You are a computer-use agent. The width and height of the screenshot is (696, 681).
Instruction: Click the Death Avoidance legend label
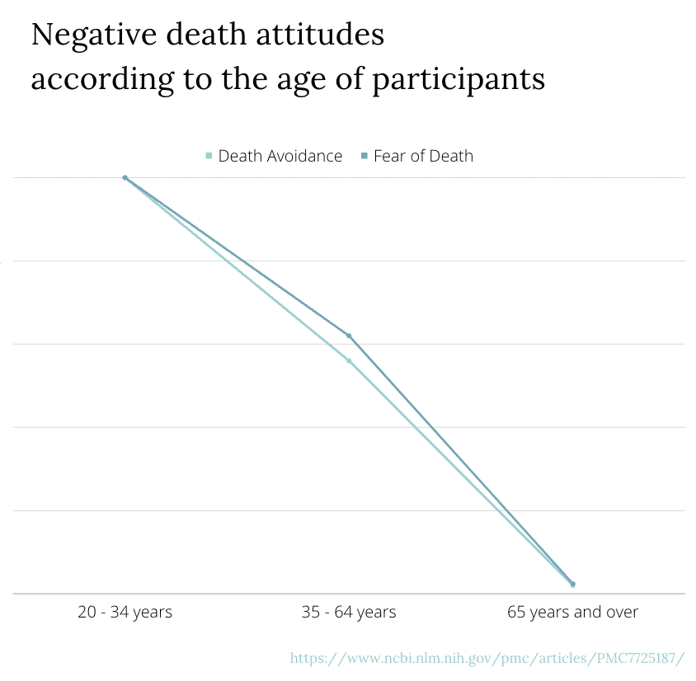point(280,156)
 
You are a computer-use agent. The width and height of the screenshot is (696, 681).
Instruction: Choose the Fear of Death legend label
point(423,156)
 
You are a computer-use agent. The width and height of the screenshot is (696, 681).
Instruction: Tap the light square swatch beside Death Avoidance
point(209,156)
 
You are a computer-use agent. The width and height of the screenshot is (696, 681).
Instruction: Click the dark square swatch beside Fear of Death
point(364,156)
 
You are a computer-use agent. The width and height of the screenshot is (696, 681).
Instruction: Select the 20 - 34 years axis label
point(125,612)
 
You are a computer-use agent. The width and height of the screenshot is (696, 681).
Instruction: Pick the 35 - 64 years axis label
point(349,612)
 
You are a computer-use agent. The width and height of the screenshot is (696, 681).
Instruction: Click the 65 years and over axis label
point(572,612)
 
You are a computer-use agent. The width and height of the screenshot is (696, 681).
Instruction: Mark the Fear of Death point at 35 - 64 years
point(349,336)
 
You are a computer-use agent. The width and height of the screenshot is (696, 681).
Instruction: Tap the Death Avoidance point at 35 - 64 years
point(349,360)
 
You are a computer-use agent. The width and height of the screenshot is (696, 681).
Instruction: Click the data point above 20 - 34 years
point(125,177)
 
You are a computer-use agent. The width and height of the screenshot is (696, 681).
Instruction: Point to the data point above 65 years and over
point(572,584)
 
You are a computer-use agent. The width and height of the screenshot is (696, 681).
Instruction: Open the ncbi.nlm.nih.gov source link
point(487,658)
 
